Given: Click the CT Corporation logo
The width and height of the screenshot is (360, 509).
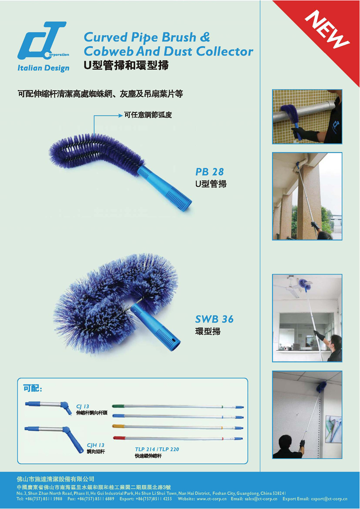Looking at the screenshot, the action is pos(43,41).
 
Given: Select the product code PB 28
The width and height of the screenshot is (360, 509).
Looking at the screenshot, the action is pos(209,172).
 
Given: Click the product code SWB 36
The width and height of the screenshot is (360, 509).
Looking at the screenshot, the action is pos(214,319).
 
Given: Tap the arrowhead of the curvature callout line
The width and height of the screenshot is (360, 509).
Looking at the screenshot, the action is pos(120,116).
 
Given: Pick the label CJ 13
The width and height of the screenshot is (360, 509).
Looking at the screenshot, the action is pos(83,406).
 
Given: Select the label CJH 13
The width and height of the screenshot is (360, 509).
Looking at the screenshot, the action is pos(95,445).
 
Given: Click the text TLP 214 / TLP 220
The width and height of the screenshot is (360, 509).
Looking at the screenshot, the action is pos(157,449).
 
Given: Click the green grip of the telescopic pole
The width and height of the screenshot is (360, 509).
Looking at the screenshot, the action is pos(118,406).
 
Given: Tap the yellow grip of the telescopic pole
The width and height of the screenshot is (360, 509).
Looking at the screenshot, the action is pos(118,426).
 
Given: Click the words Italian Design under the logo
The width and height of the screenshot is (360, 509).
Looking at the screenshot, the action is pos(43,68).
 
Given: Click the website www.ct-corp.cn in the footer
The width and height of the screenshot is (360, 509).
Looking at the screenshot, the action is pos(212,499).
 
